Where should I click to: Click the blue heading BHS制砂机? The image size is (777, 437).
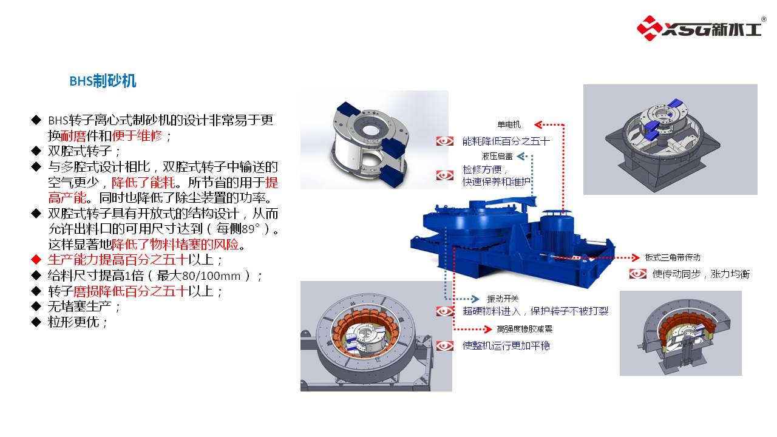[103, 81]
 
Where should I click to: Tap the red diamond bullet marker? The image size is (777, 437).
[36, 260]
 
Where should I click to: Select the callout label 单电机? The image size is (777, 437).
[509, 124]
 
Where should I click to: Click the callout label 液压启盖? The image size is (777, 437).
[497, 157]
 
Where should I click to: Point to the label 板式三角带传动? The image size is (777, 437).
[673, 257]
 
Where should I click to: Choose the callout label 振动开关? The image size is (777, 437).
[503, 299]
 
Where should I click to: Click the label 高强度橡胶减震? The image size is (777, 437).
[524, 329]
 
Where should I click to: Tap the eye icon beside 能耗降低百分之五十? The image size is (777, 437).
[445, 141]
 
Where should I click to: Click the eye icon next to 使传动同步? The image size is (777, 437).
[637, 274]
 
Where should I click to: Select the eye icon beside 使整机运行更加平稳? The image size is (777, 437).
[445, 346]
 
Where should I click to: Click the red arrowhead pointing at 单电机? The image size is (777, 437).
[538, 124]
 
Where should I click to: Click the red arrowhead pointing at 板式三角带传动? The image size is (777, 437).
[636, 257]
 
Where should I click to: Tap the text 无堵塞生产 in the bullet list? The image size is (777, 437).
[80, 307]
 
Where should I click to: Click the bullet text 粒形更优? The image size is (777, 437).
[73, 322]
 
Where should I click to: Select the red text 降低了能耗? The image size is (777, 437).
[143, 183]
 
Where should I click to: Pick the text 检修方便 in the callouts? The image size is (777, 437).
[482, 169]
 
